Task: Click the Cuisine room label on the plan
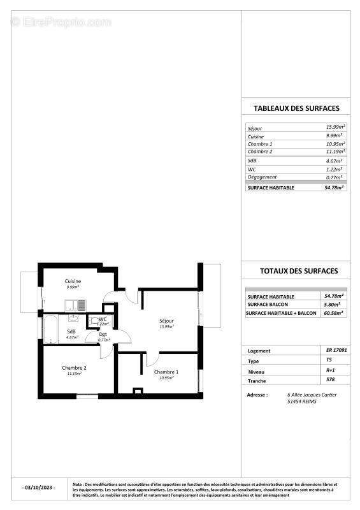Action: [x=73, y=281]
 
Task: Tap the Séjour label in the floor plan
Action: [x=166, y=321]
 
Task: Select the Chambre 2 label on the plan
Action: [x=74, y=368]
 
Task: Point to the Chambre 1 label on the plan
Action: [x=166, y=372]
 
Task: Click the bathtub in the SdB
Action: [x=49, y=328]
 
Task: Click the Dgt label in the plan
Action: [x=103, y=333]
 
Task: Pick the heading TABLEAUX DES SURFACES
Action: [x=296, y=108]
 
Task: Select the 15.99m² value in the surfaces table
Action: [x=335, y=127]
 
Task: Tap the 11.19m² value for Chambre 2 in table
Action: [x=335, y=151]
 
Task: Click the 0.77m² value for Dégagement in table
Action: [x=335, y=177]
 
